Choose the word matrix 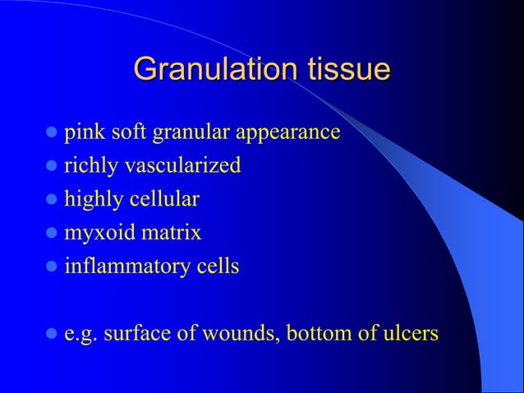(x=168, y=233)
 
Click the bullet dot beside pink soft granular (x=52, y=133)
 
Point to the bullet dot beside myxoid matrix (x=52, y=233)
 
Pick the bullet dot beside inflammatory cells (x=52, y=267)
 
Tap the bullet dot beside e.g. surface (x=52, y=335)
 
